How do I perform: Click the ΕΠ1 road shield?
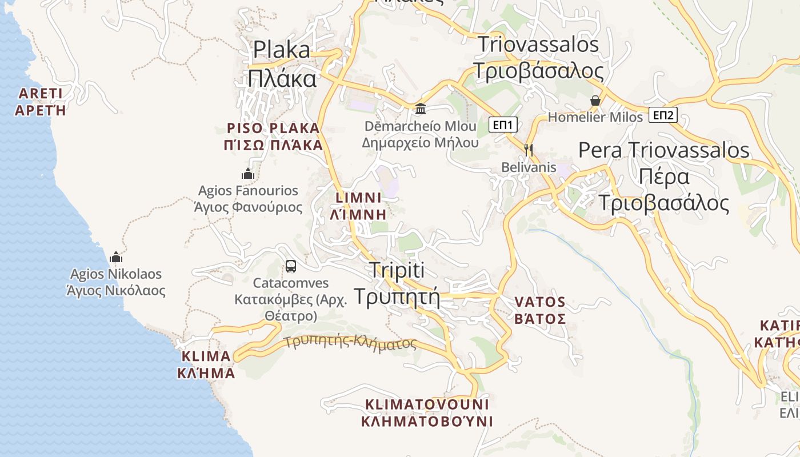pos(503,125)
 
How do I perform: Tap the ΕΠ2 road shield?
pos(663,115)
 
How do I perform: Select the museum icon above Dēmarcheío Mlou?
pos(421,109)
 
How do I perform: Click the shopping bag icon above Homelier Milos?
pos(595,101)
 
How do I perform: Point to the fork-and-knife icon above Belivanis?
pos(529,150)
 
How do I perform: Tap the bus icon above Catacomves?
pos(291,266)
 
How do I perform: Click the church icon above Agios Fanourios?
pos(248,174)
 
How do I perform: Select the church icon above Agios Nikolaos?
pos(117,257)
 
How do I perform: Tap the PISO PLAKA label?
pos(274,136)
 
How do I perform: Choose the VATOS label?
pos(540,310)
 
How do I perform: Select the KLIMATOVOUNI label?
pos(427,413)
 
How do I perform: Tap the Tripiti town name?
pos(397,283)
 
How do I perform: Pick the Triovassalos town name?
pos(538,58)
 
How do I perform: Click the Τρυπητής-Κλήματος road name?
pos(350,342)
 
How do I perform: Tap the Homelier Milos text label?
pos(595,117)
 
